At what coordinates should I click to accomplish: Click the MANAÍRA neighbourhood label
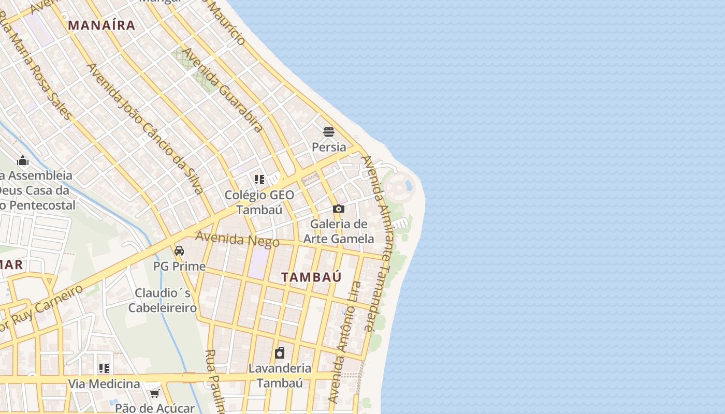102,25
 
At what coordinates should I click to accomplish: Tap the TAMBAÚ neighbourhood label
311,277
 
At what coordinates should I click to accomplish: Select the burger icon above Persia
329,131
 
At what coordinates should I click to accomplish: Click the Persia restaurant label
329,147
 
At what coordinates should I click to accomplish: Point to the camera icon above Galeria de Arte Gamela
339,209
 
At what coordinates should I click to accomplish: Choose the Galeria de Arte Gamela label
339,231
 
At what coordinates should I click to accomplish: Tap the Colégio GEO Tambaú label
259,202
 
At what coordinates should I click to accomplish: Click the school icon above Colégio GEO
259,180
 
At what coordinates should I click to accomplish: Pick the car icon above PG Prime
179,251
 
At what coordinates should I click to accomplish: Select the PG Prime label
179,267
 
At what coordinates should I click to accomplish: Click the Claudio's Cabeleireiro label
163,300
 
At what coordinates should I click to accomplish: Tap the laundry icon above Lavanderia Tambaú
280,353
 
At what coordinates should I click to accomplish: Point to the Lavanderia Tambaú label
280,376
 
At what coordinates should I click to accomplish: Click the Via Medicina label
104,384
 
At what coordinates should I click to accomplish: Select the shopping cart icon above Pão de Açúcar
154,394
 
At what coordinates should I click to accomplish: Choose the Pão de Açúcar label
155,408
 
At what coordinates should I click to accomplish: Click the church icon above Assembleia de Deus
23,160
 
